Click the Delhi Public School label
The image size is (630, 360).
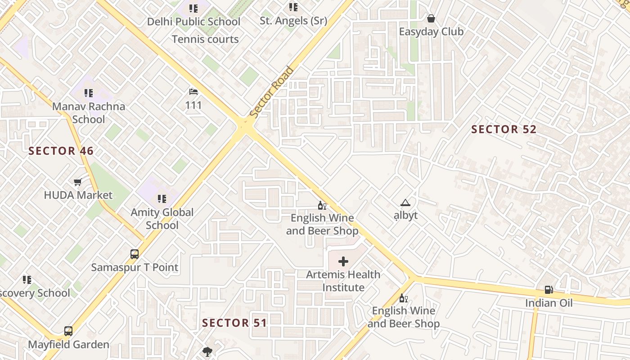[193, 22]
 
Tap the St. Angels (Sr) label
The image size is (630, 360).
[293, 21]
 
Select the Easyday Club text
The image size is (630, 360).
[431, 32]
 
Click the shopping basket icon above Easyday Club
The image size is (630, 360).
[431, 18]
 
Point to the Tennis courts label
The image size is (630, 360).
[205, 39]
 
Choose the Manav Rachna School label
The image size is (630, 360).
[89, 113]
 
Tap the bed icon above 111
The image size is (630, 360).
[193, 92]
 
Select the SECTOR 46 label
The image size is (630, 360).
[61, 151]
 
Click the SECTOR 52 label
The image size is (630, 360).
[504, 130]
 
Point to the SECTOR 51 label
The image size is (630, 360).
[234, 323]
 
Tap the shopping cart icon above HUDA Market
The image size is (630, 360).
[78, 182]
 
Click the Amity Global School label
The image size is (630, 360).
[162, 219]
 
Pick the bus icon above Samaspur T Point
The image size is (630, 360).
[135, 254]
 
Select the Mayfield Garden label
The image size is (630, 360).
[69, 345]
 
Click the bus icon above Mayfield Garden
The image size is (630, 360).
[68, 332]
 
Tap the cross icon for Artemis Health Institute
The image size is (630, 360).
[343, 261]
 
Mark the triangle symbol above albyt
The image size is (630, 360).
[405, 203]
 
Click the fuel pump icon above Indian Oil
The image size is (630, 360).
[549, 290]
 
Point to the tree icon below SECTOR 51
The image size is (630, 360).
[207, 351]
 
